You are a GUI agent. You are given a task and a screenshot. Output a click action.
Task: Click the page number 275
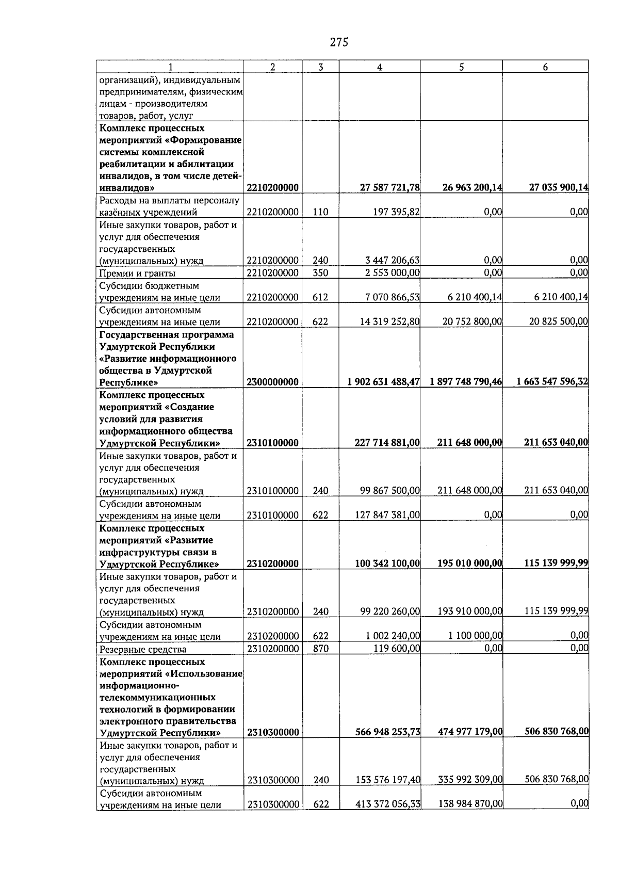[x=339, y=42]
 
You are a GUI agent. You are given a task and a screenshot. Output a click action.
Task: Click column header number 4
[x=379, y=67]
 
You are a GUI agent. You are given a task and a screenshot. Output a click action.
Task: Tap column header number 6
[x=545, y=67]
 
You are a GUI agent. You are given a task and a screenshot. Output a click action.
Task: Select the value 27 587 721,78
[x=389, y=188]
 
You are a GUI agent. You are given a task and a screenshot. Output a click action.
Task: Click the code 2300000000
[x=272, y=382]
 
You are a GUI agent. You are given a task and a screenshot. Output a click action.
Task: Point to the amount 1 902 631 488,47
[x=383, y=382]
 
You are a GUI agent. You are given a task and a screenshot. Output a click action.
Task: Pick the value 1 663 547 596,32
[x=552, y=382]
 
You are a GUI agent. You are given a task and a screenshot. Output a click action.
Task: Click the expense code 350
[x=320, y=273]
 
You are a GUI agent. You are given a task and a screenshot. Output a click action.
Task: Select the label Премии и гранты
[x=137, y=273]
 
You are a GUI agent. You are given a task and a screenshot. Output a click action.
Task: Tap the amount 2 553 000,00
[x=392, y=272]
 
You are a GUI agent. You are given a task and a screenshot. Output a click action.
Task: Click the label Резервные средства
[x=143, y=650]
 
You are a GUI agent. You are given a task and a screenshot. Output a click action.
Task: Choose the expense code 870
[x=321, y=649]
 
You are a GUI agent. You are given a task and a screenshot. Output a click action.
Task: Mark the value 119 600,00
[x=397, y=648]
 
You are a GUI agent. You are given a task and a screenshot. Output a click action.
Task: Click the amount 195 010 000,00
[x=469, y=563]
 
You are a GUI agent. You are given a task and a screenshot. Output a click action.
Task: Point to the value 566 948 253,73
[x=387, y=732]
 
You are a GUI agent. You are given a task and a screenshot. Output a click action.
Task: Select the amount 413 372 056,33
[x=387, y=803]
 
